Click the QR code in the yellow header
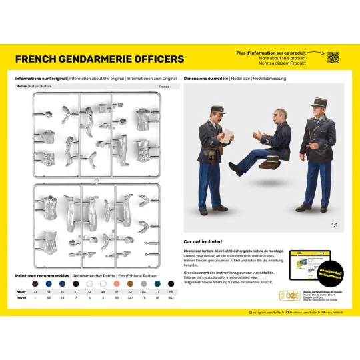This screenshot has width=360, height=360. click(333, 58)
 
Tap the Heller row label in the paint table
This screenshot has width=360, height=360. click(21, 291)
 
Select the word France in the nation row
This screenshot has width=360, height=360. click(165, 87)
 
